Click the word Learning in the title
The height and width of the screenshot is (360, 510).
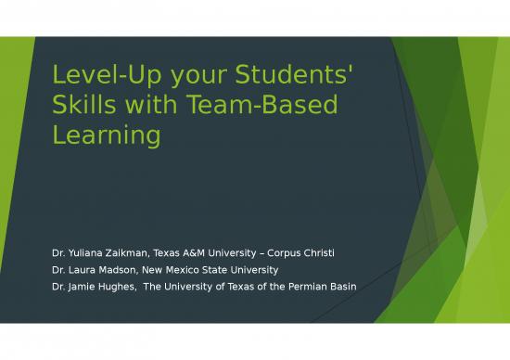(106, 136)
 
